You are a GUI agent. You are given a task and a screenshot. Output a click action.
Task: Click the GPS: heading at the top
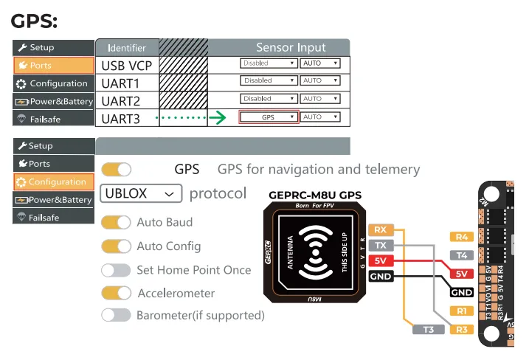34,20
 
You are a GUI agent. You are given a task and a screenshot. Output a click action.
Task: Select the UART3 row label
122,118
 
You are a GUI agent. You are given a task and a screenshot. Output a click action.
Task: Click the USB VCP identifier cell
127,66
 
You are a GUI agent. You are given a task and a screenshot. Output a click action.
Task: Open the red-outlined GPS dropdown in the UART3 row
269,117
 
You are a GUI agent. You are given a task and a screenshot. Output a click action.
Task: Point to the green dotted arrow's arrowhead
218,117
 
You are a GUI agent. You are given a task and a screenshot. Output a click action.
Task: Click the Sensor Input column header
291,47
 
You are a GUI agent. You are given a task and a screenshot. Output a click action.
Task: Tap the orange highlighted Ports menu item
53,66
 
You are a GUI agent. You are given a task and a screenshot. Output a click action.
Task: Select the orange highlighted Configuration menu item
53,181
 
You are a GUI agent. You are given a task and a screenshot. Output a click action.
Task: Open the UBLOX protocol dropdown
140,193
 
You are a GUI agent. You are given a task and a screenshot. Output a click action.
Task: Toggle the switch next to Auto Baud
116,222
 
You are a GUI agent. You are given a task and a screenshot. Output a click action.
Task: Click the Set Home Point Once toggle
116,270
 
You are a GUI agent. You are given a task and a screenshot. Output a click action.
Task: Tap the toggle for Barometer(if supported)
116,315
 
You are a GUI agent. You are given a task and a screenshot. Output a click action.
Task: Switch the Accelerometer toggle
116,293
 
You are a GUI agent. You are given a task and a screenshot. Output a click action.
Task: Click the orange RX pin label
380,229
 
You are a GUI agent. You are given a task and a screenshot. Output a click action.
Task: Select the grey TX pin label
380,245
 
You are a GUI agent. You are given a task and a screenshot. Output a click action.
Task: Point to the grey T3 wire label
429,329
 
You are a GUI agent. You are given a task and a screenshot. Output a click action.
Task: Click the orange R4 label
462,237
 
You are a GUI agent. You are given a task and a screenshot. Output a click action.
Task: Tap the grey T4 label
462,255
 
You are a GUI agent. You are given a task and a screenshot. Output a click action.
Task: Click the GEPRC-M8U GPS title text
315,195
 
